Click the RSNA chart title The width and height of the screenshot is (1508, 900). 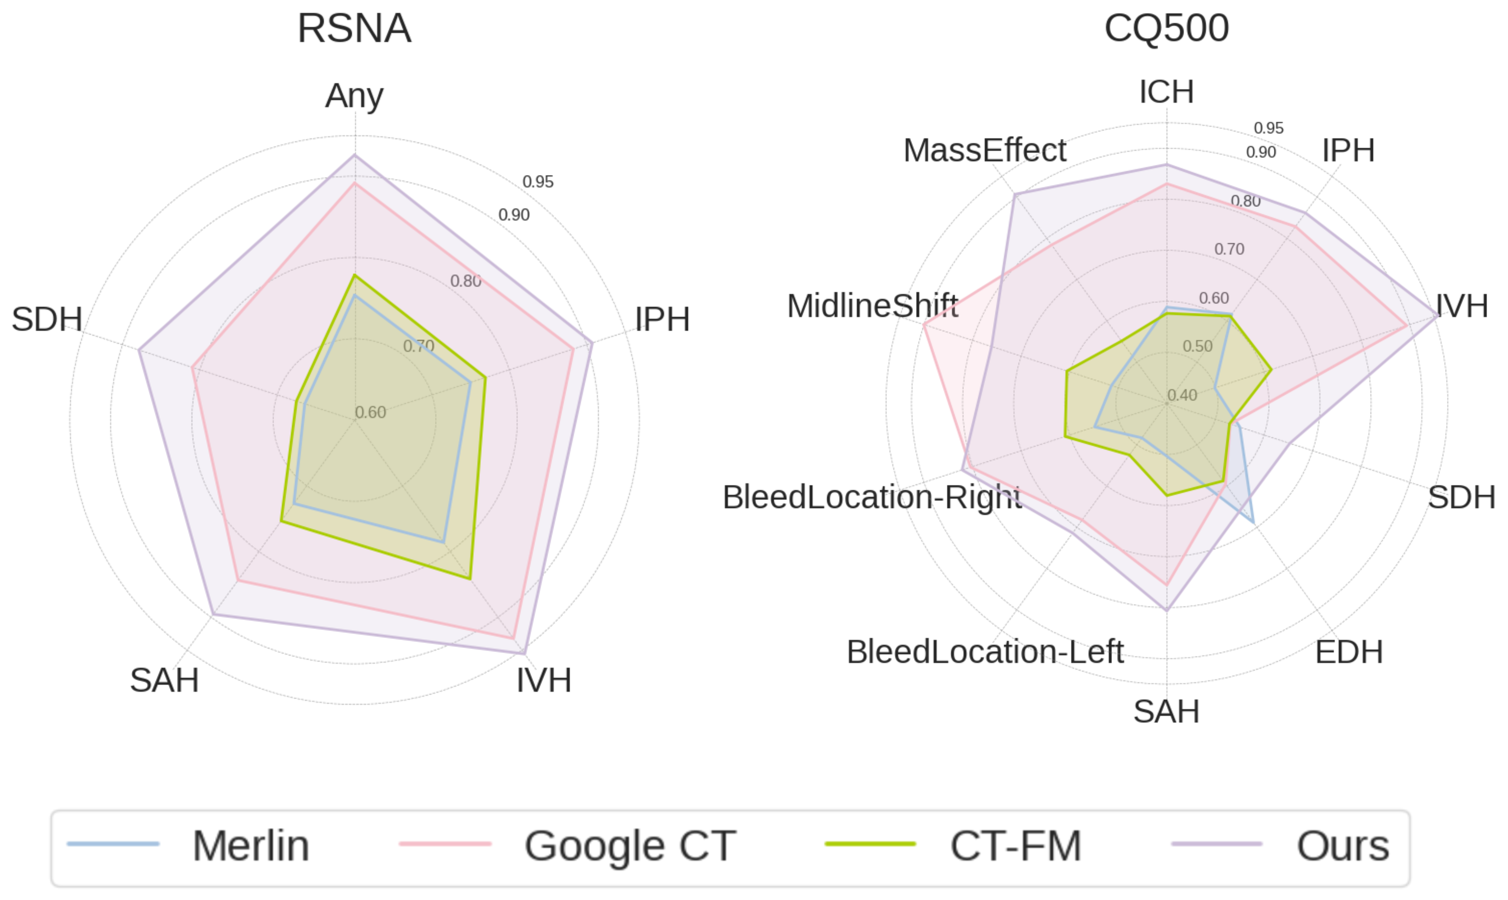point(355,28)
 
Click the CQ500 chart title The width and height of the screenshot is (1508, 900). point(1166,28)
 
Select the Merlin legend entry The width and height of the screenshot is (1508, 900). point(188,845)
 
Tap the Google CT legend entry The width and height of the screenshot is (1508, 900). point(568,845)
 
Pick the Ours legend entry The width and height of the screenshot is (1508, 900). point(1280,845)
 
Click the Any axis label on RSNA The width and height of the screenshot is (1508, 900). point(355,96)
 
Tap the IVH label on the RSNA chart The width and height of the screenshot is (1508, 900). point(544,680)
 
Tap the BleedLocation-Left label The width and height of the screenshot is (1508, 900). point(985,652)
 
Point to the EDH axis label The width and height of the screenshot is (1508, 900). point(1349,652)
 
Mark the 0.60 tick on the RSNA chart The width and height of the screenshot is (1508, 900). point(370,413)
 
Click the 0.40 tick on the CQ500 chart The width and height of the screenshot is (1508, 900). point(1182,395)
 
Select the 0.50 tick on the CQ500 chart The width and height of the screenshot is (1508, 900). point(1197,346)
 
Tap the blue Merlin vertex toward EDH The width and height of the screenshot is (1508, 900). point(1253,522)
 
